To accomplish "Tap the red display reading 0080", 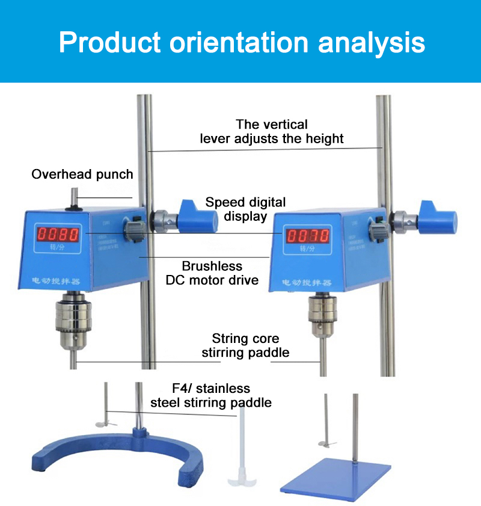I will tap(59, 234).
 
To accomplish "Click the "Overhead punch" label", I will tap(82, 174).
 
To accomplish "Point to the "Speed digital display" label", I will tap(245, 209).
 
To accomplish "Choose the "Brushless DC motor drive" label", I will tap(212, 273).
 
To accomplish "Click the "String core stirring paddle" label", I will tap(245, 345).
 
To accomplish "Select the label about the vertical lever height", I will tap(272, 132).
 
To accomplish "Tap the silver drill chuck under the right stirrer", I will tap(322, 319).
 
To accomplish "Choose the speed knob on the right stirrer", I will tap(379, 230).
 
